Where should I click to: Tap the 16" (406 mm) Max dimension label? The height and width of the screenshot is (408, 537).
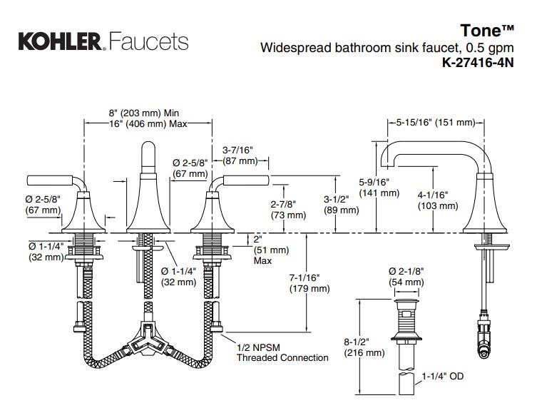point(147,123)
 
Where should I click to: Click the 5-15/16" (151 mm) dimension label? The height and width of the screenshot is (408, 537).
point(435,123)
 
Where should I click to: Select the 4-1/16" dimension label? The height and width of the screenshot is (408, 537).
point(437,195)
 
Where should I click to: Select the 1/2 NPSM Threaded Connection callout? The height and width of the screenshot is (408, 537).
point(282,352)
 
